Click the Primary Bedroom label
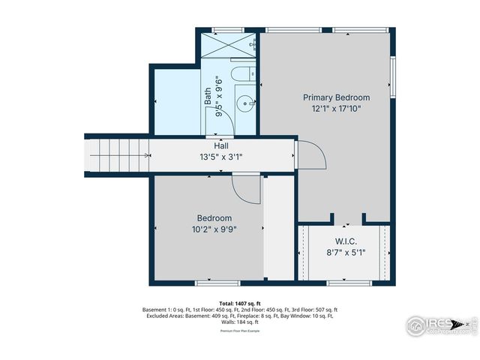(336, 97)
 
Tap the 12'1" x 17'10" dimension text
(336, 108)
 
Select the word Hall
(221, 146)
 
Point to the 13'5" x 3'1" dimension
(221, 157)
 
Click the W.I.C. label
(345, 241)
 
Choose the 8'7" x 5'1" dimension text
(345, 253)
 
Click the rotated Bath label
(208, 96)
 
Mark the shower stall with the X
(229, 46)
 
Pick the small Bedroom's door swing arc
(245, 188)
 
